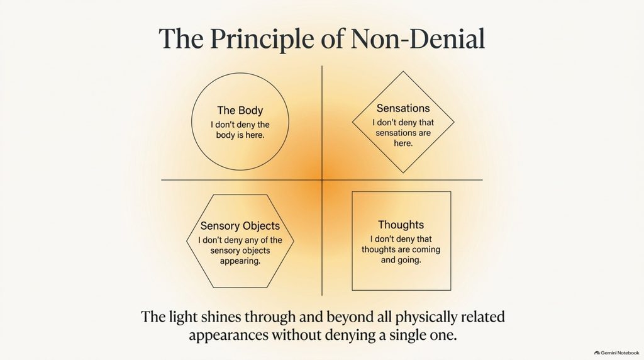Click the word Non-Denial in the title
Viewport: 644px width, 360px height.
coord(418,39)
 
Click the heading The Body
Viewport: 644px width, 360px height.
coord(240,110)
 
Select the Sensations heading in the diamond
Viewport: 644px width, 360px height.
coord(403,108)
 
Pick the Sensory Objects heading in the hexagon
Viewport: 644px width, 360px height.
coord(240,225)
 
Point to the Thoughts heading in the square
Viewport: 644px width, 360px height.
coord(401,225)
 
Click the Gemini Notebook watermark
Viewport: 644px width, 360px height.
coord(616,352)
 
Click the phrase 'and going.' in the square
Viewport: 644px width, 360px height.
coord(401,260)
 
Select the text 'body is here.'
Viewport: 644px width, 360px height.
coord(240,135)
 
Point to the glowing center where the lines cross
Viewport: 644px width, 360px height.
coord(322,179)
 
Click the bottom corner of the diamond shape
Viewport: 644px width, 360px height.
coord(403,172)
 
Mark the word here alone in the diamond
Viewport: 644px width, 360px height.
coord(403,143)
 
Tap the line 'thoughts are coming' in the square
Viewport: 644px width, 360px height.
coord(401,249)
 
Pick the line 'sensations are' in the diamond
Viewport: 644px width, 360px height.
coord(403,133)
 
